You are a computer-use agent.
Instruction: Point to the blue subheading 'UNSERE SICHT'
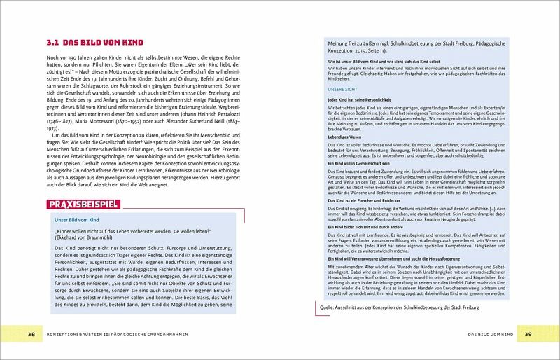coord(345,89)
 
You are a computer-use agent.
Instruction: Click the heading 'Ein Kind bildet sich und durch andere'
coord(366,227)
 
